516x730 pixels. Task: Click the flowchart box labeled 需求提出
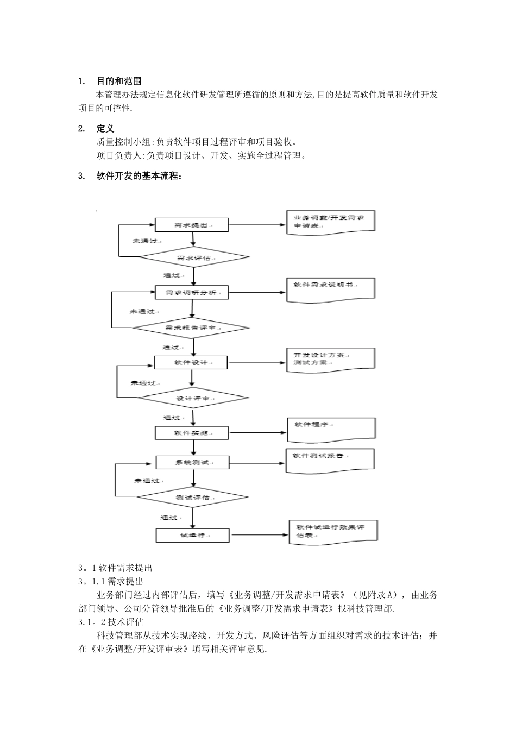[x=192, y=225]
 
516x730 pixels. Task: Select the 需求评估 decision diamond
[x=193, y=257]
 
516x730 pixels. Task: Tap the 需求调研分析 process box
[x=192, y=293]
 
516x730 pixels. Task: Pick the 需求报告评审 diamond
[x=191, y=328]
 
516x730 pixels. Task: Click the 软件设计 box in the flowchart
[x=191, y=362]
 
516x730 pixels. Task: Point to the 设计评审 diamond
[x=193, y=398]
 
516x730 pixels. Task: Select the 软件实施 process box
[x=192, y=433]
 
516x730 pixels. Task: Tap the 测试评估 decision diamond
[x=193, y=498]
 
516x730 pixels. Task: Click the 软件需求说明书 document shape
[x=330, y=288]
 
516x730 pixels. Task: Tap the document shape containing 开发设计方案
[x=330, y=360]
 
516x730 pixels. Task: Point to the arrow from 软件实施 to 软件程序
[x=257, y=433]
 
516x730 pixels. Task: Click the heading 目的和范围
[x=119, y=81]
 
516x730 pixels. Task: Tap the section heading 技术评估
[x=125, y=622]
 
